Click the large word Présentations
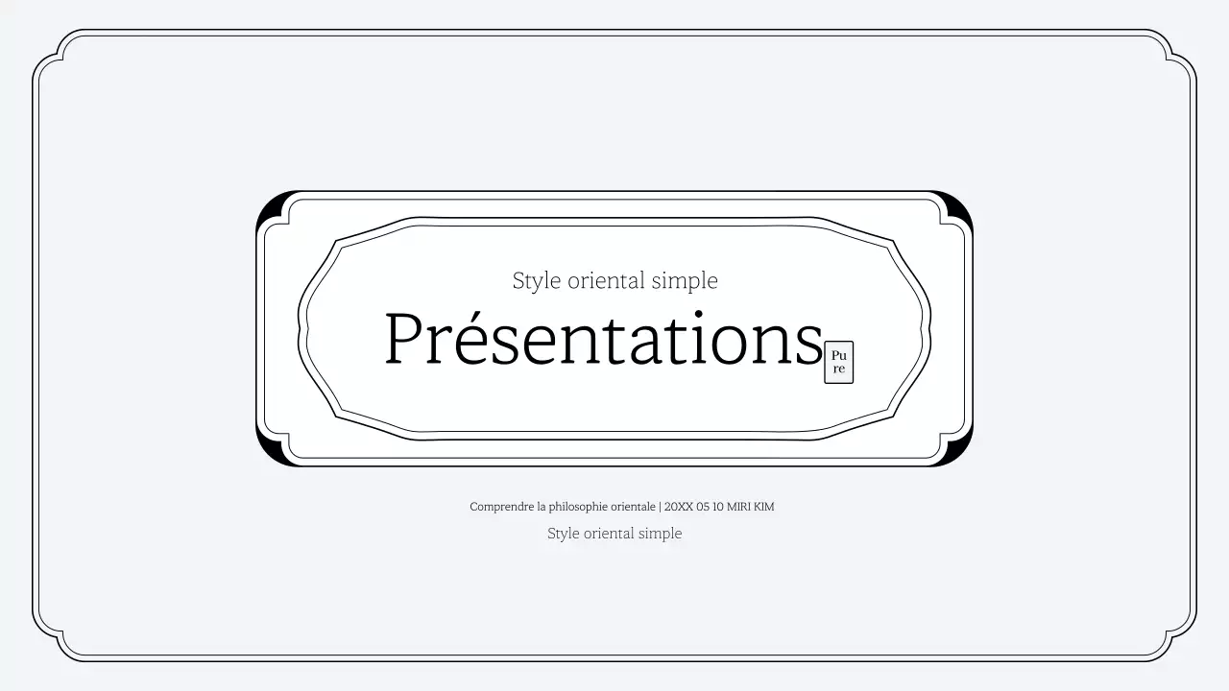click(x=603, y=339)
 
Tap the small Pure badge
click(x=838, y=362)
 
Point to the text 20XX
click(x=679, y=507)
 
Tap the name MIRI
click(x=738, y=507)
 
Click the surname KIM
click(x=763, y=507)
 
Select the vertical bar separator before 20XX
click(x=660, y=507)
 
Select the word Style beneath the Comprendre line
click(x=564, y=535)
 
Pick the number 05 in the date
click(x=703, y=507)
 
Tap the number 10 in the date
click(x=718, y=507)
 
